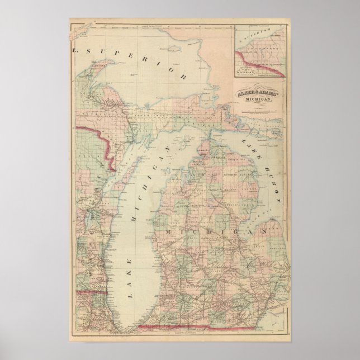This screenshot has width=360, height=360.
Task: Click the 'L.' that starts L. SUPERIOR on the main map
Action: click(x=76, y=51)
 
